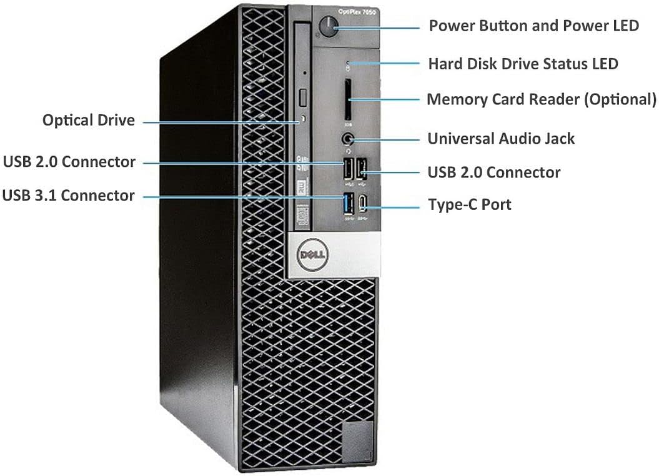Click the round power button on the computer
pyautogui.click(x=328, y=26)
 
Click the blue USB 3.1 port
pyautogui.click(x=348, y=203)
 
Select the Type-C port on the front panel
pyautogui.click(x=363, y=204)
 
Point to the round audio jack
pyautogui.click(x=347, y=139)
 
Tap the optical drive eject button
pyautogui.click(x=304, y=98)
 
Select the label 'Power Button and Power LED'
pyautogui.click(x=533, y=26)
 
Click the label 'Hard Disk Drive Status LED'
pyautogui.click(x=523, y=64)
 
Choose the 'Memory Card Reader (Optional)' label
pyautogui.click(x=541, y=100)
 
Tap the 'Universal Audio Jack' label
pyautogui.click(x=501, y=139)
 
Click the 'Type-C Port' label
pyautogui.click(x=469, y=205)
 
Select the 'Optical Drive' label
pyautogui.click(x=88, y=121)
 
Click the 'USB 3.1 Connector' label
pyautogui.click(x=68, y=196)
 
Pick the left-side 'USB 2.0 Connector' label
pyautogui.click(x=69, y=162)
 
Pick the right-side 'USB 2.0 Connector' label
pyautogui.click(x=493, y=172)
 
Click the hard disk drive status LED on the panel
pyautogui.click(x=349, y=64)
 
